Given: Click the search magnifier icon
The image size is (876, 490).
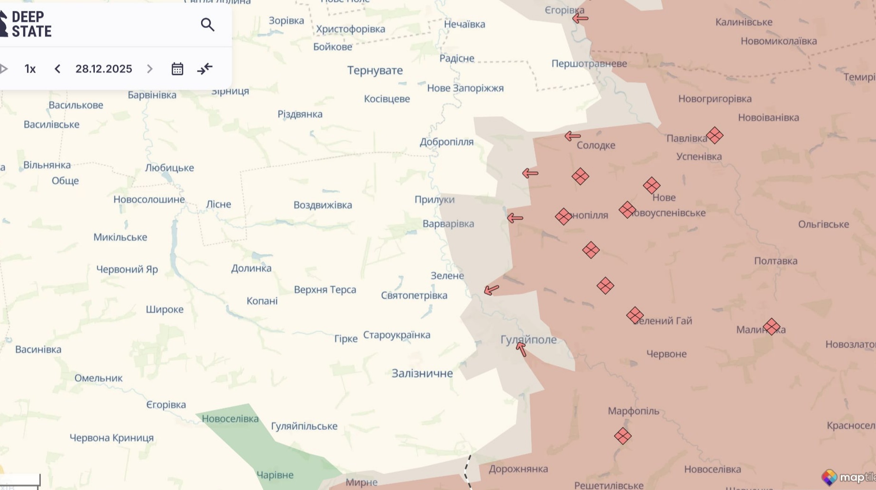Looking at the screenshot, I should click(207, 24).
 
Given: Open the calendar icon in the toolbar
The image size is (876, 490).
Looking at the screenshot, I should click(177, 69).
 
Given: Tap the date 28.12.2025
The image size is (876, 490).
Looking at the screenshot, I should click(103, 69).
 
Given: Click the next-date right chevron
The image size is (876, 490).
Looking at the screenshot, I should click(150, 69).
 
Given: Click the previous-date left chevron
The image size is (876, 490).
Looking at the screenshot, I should click(57, 69).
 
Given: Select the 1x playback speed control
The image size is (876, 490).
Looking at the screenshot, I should click(30, 69).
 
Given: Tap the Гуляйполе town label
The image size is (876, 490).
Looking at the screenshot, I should click(528, 340).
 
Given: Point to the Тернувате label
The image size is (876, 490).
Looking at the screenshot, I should click(375, 70).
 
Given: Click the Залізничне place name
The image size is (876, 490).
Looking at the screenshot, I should click(422, 373).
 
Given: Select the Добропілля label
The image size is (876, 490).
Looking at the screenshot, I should click(446, 142).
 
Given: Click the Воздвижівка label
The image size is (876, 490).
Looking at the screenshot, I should click(323, 205).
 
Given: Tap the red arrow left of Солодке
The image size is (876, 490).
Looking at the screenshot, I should click(572, 136).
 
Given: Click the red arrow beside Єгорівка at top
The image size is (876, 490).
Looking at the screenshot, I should click(580, 18).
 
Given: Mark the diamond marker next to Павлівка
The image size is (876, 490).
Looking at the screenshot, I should click(714, 136).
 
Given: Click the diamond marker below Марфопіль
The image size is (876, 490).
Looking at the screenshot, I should click(623, 436).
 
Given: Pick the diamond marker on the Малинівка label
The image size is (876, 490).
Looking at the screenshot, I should click(772, 327).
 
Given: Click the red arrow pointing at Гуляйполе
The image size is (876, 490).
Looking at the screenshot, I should click(521, 349).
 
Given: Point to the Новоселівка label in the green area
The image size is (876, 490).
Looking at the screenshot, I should click(230, 418).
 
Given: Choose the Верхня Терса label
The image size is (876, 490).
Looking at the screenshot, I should click(325, 289).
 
